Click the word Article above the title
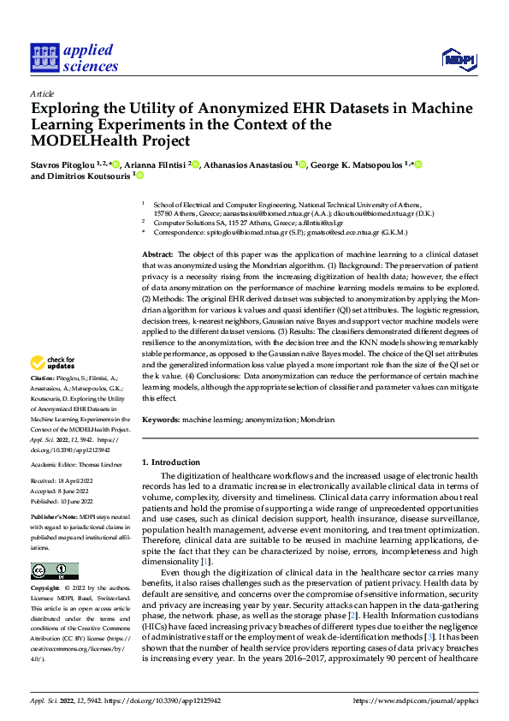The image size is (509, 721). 42,93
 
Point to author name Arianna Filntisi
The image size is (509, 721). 154,164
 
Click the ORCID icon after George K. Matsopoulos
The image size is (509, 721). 419,164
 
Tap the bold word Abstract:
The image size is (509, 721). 157,255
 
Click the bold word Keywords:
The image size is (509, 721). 160,420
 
